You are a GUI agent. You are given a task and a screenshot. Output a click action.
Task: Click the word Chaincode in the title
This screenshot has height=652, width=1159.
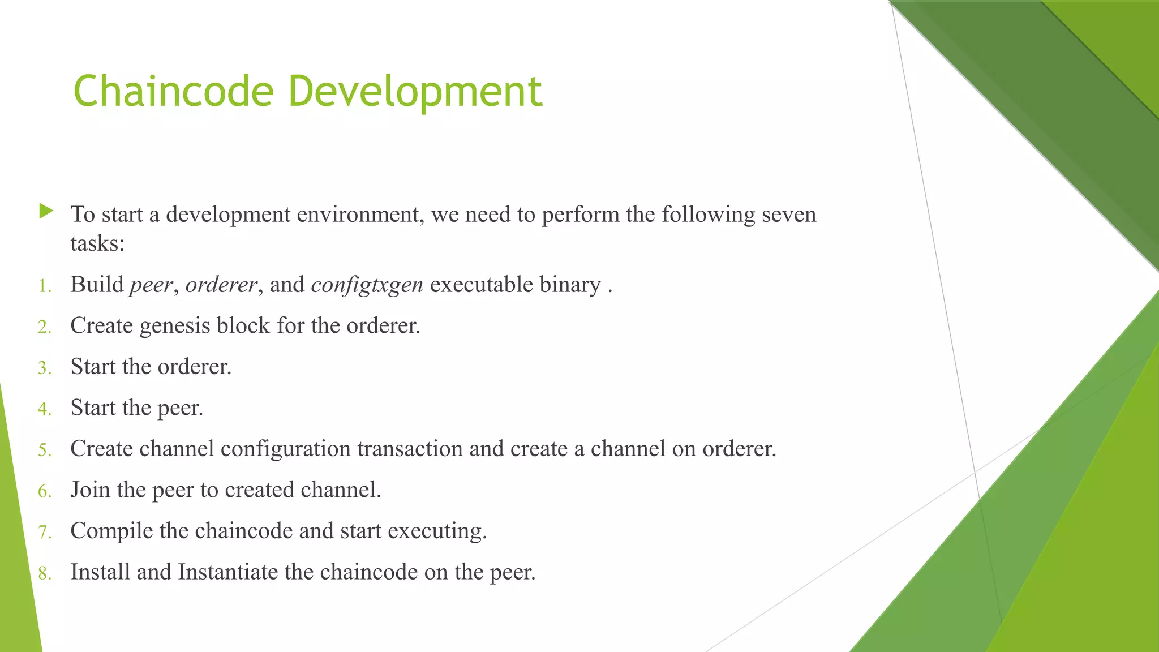pyautogui.click(x=173, y=92)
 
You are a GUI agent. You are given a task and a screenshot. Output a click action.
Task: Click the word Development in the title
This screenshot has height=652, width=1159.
pyautogui.click(x=415, y=92)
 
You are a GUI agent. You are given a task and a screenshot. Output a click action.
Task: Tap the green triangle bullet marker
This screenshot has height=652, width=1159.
pyautogui.click(x=46, y=212)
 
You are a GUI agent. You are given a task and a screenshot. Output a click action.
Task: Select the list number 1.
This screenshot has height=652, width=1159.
pyautogui.click(x=44, y=286)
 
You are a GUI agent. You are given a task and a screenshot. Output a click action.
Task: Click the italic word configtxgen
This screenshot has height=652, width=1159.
pyautogui.click(x=367, y=285)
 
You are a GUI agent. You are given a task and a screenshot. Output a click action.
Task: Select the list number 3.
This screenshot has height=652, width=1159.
pyautogui.click(x=44, y=368)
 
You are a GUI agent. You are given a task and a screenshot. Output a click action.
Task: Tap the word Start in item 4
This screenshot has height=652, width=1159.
pyautogui.click(x=93, y=407)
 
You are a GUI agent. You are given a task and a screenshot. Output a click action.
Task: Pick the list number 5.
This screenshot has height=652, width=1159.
pyautogui.click(x=44, y=451)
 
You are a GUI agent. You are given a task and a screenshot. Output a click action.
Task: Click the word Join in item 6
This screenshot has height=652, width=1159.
pyautogui.click(x=90, y=490)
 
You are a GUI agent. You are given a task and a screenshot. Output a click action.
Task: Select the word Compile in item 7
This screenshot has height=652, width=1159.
pyautogui.click(x=111, y=531)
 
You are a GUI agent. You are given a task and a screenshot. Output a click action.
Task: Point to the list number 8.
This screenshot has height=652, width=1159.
pyautogui.click(x=44, y=574)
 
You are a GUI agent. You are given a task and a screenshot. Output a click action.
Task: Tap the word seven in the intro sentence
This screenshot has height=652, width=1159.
pyautogui.click(x=789, y=215)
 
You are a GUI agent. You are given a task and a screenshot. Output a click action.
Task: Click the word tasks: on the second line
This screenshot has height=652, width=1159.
pyautogui.click(x=97, y=244)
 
